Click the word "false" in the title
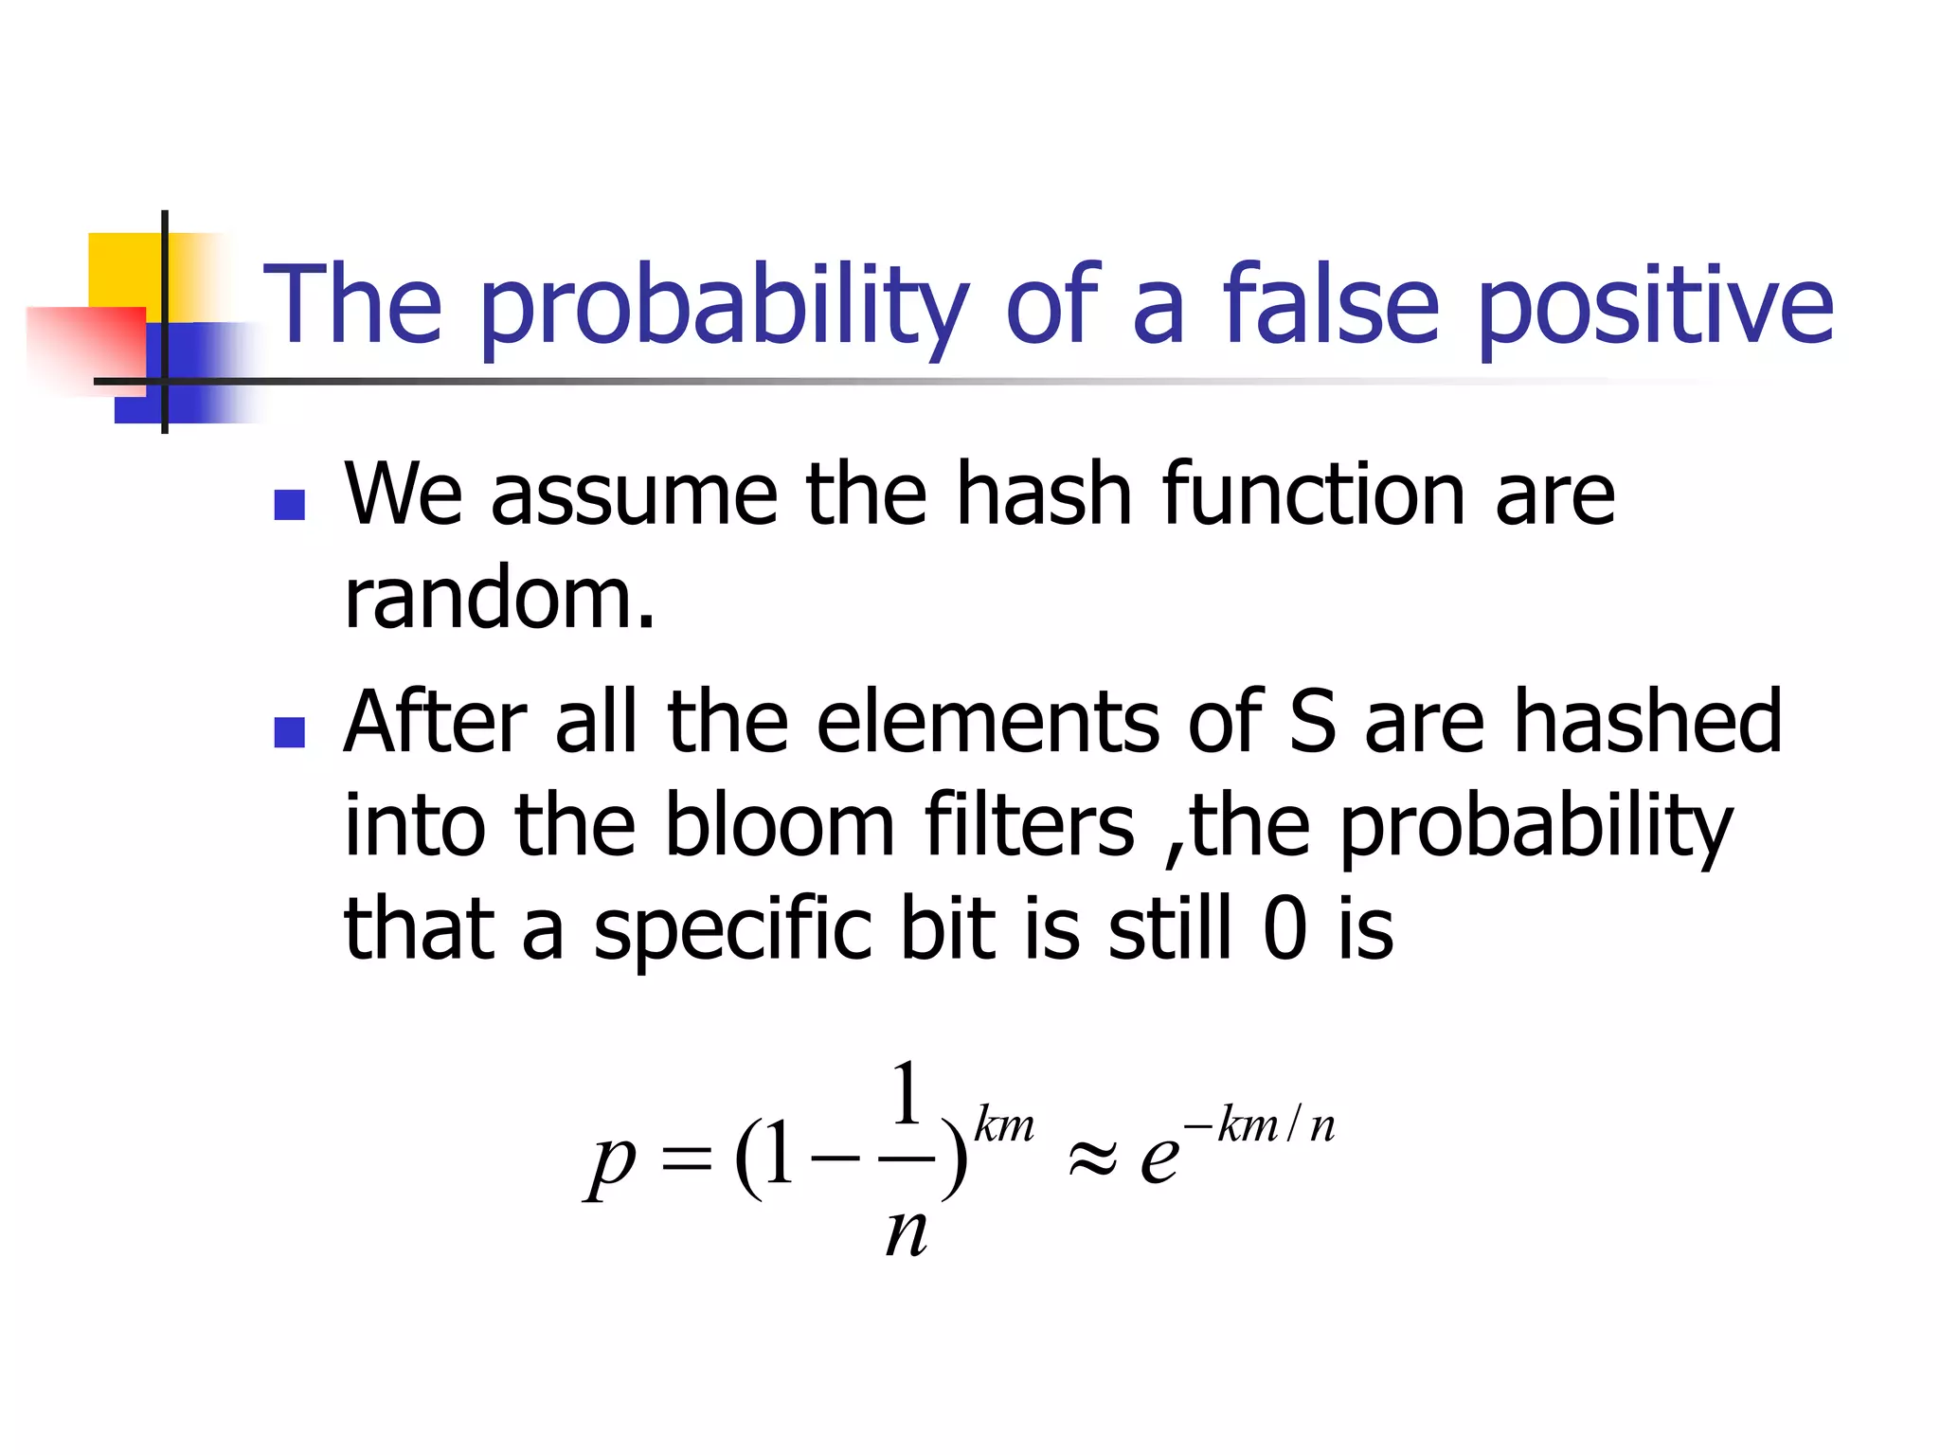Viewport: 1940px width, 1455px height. [x=1331, y=305]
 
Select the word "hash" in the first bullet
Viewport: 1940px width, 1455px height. [x=1043, y=494]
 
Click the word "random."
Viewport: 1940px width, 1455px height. [x=499, y=599]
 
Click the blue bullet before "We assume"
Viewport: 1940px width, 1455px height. [x=289, y=505]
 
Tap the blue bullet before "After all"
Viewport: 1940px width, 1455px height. [x=289, y=732]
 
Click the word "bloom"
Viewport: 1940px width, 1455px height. [x=779, y=825]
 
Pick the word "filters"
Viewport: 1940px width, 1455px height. [x=1029, y=825]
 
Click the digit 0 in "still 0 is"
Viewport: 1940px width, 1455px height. [x=1285, y=928]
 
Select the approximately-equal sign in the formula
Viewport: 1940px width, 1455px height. [x=1092, y=1158]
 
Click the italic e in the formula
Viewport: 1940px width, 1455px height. [x=1159, y=1158]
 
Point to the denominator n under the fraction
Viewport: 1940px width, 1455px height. [x=906, y=1233]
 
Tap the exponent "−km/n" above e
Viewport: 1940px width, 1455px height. [x=1260, y=1125]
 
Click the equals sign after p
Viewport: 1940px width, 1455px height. [x=686, y=1158]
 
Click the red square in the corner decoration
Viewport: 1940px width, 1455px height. [x=85, y=346]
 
